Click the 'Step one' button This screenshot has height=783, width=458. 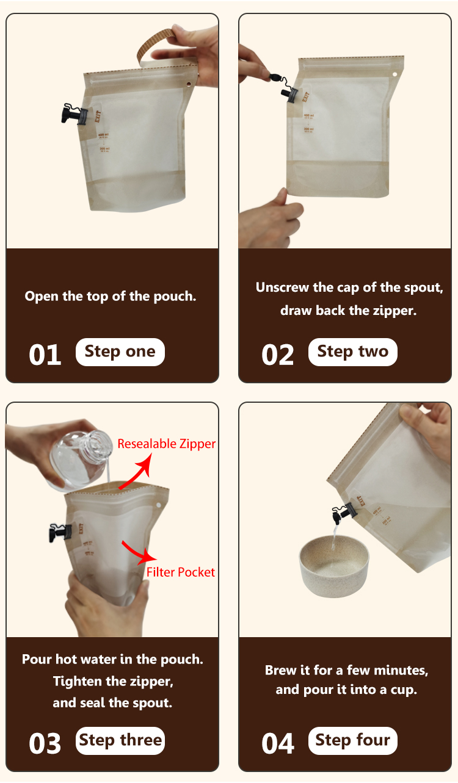120,352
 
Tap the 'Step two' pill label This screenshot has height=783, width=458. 352,352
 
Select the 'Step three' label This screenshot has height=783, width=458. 120,740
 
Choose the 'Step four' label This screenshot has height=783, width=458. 352,741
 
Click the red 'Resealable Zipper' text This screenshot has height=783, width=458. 166,444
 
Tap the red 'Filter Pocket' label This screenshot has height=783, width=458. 181,572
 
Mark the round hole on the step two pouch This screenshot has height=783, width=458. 394,74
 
